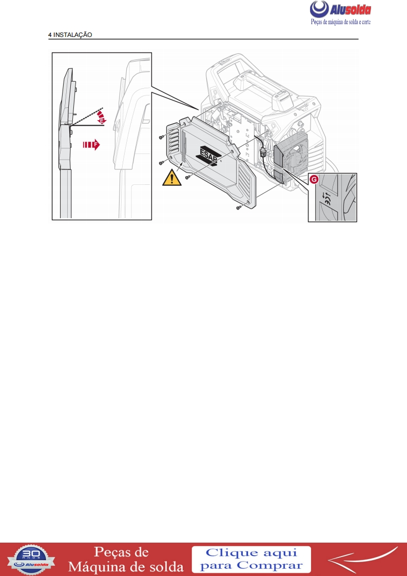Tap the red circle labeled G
click(x=314, y=180)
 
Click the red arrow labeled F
click(x=91, y=145)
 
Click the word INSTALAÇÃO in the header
click(x=73, y=35)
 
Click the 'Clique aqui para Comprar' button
click(x=251, y=559)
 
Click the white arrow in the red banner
click(x=362, y=559)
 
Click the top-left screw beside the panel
click(x=162, y=138)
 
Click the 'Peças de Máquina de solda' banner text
click(x=126, y=560)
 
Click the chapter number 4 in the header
click(x=50, y=35)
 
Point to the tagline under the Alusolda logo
click(x=341, y=22)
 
